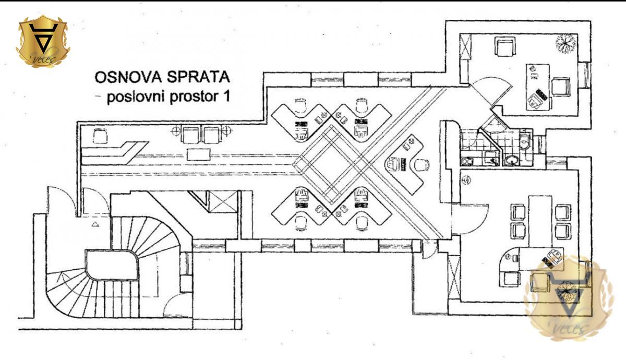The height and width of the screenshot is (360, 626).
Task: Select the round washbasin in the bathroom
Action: click(x=512, y=161)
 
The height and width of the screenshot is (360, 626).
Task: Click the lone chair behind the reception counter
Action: click(x=100, y=136)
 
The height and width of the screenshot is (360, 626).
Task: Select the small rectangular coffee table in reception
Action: click(x=199, y=154)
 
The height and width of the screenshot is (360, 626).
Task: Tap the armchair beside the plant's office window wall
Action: click(x=504, y=48)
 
